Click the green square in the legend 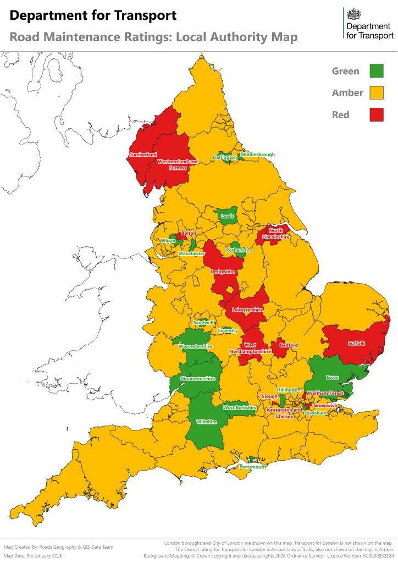(x=376, y=71)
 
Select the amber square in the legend (x=376, y=93)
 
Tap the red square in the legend (x=376, y=114)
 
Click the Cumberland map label (x=143, y=155)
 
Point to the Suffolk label (x=356, y=343)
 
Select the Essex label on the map (x=333, y=378)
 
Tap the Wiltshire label (x=207, y=422)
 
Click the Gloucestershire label (x=197, y=378)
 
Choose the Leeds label (x=228, y=216)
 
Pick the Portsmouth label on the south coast (x=252, y=467)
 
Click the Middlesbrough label (x=257, y=154)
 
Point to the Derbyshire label (x=223, y=272)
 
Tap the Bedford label (x=289, y=345)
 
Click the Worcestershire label (x=195, y=346)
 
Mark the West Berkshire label (x=240, y=408)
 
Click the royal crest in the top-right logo (x=351, y=14)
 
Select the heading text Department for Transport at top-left (x=93, y=15)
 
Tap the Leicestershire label (x=247, y=310)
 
